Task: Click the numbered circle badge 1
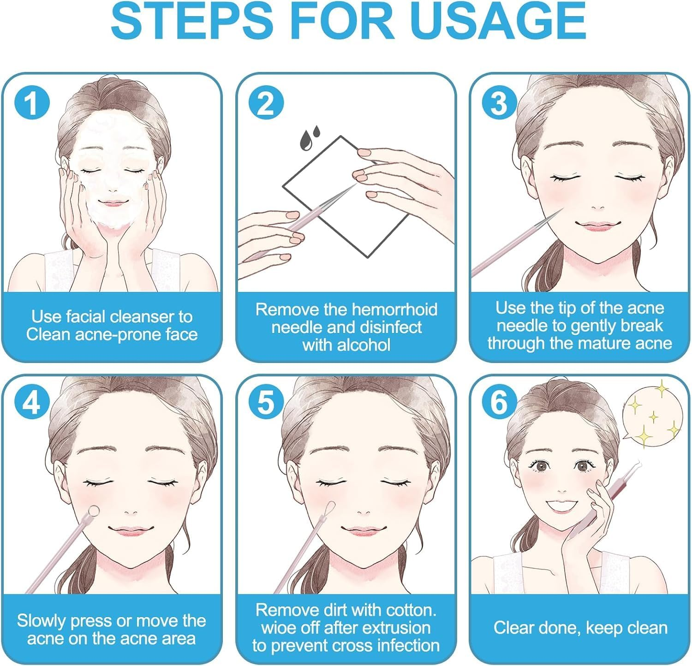(31, 102)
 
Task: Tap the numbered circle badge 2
(266, 102)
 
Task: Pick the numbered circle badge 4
(31, 403)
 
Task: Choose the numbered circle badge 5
(266, 403)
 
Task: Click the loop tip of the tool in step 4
(94, 510)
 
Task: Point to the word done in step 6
(562, 628)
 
